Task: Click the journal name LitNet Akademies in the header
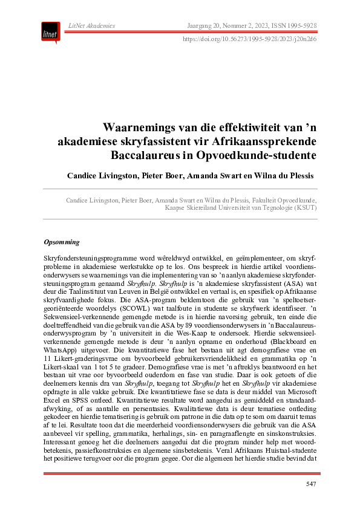[x=92, y=25]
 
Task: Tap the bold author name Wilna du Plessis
[x=278, y=175]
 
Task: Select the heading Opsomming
[x=62, y=242]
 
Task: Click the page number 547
[x=310, y=484]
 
